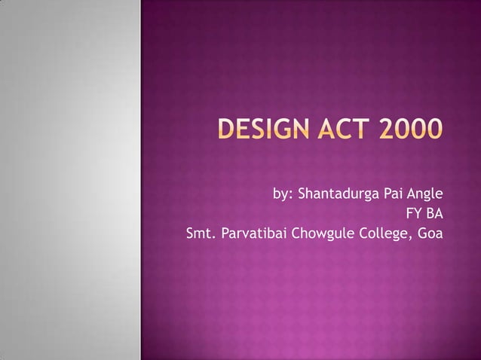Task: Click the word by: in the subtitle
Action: (x=283, y=193)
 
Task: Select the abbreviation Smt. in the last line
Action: (x=200, y=233)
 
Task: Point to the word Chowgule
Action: (x=318, y=233)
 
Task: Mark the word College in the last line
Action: (x=378, y=233)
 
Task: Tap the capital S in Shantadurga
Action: (x=304, y=193)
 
